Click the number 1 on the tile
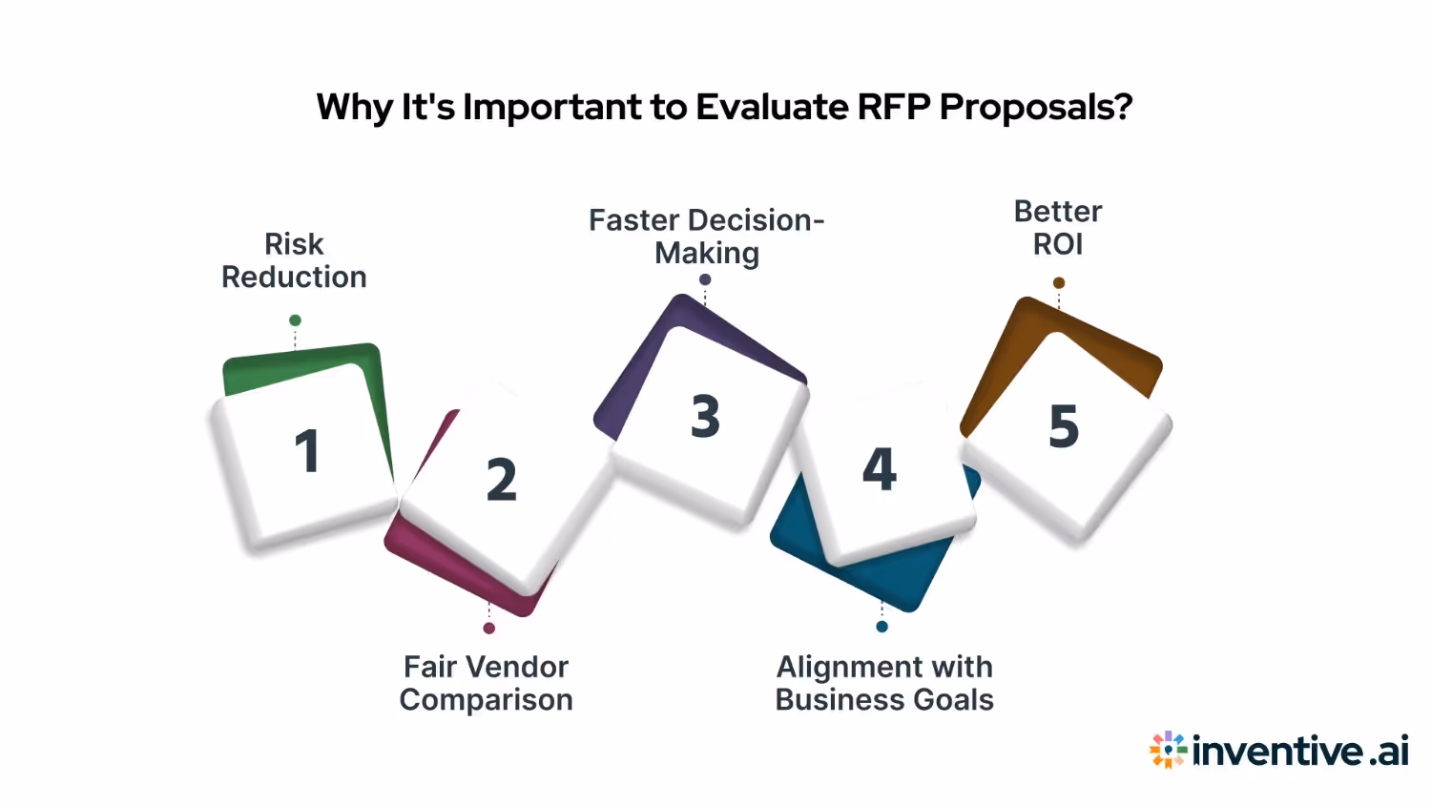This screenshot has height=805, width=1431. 306,451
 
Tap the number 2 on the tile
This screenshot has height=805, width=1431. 501,480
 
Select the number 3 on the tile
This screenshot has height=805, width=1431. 705,417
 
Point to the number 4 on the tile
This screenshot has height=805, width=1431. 880,468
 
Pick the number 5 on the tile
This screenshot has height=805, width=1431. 1064,426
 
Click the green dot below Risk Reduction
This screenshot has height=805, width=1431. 295,320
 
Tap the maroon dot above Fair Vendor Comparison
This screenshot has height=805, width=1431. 488,629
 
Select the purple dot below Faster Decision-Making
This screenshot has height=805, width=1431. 705,279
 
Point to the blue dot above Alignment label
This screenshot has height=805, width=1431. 881,627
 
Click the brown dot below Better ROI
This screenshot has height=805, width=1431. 1059,282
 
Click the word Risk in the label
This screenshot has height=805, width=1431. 294,244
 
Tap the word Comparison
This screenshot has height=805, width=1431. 486,700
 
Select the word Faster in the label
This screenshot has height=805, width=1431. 633,220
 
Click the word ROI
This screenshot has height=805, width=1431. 1058,245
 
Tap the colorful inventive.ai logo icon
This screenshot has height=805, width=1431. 1168,751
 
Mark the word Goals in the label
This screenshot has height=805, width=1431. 953,700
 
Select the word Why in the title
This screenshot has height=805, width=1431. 354,107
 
